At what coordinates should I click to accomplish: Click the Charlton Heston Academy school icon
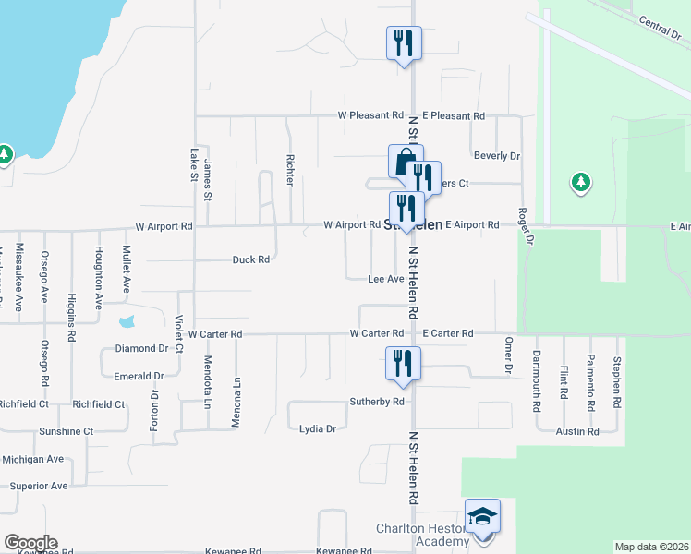(482, 517)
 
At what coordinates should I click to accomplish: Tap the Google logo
(30, 543)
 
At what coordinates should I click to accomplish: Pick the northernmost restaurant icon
(404, 42)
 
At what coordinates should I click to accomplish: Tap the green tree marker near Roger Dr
(580, 183)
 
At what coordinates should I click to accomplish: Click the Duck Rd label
(250, 260)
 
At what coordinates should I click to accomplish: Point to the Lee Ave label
(386, 279)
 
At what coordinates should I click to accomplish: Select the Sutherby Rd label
(377, 403)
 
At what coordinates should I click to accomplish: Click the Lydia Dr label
(318, 429)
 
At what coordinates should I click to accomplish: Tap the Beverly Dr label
(497, 157)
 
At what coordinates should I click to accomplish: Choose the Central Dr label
(659, 28)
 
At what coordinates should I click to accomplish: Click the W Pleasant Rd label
(370, 116)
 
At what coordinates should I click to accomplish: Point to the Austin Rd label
(577, 431)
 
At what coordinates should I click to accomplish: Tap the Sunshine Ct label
(66, 431)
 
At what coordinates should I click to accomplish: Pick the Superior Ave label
(39, 486)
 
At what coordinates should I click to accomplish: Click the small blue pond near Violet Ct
(127, 323)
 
